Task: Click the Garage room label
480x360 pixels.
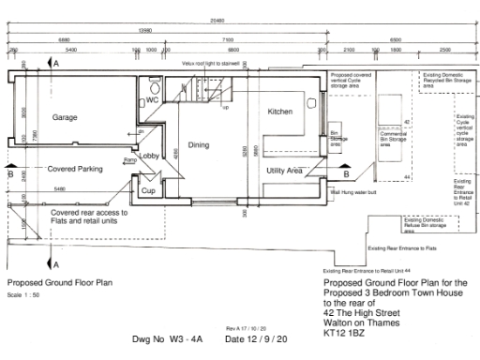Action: (65, 117)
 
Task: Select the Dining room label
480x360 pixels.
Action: (198, 145)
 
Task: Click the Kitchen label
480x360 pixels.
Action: (281, 112)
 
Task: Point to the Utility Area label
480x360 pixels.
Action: (283, 171)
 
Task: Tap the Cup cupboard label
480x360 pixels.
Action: (147, 189)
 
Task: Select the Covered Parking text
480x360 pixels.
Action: (74, 170)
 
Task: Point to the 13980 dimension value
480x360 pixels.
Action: (148, 31)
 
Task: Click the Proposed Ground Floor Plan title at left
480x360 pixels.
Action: (58, 282)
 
